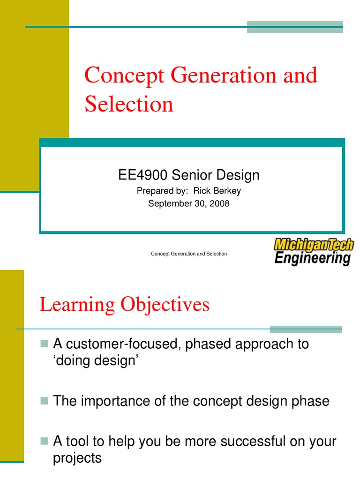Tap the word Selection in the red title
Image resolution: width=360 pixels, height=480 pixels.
pyautogui.click(x=129, y=104)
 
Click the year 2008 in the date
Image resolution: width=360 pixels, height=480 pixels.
pyautogui.click(x=220, y=203)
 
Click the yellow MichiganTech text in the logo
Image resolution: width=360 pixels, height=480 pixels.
pyautogui.click(x=314, y=244)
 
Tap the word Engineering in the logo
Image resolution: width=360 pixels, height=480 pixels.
pyautogui.click(x=312, y=258)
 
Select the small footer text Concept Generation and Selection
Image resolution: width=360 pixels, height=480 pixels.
pyautogui.click(x=189, y=254)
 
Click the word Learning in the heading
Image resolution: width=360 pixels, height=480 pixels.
pyautogui.click(x=77, y=305)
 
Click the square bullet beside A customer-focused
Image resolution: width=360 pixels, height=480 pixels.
pyautogui.click(x=45, y=345)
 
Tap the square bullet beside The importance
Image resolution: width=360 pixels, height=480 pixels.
pyautogui.click(x=45, y=402)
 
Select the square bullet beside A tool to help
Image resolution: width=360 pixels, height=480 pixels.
pyautogui.click(x=45, y=442)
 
